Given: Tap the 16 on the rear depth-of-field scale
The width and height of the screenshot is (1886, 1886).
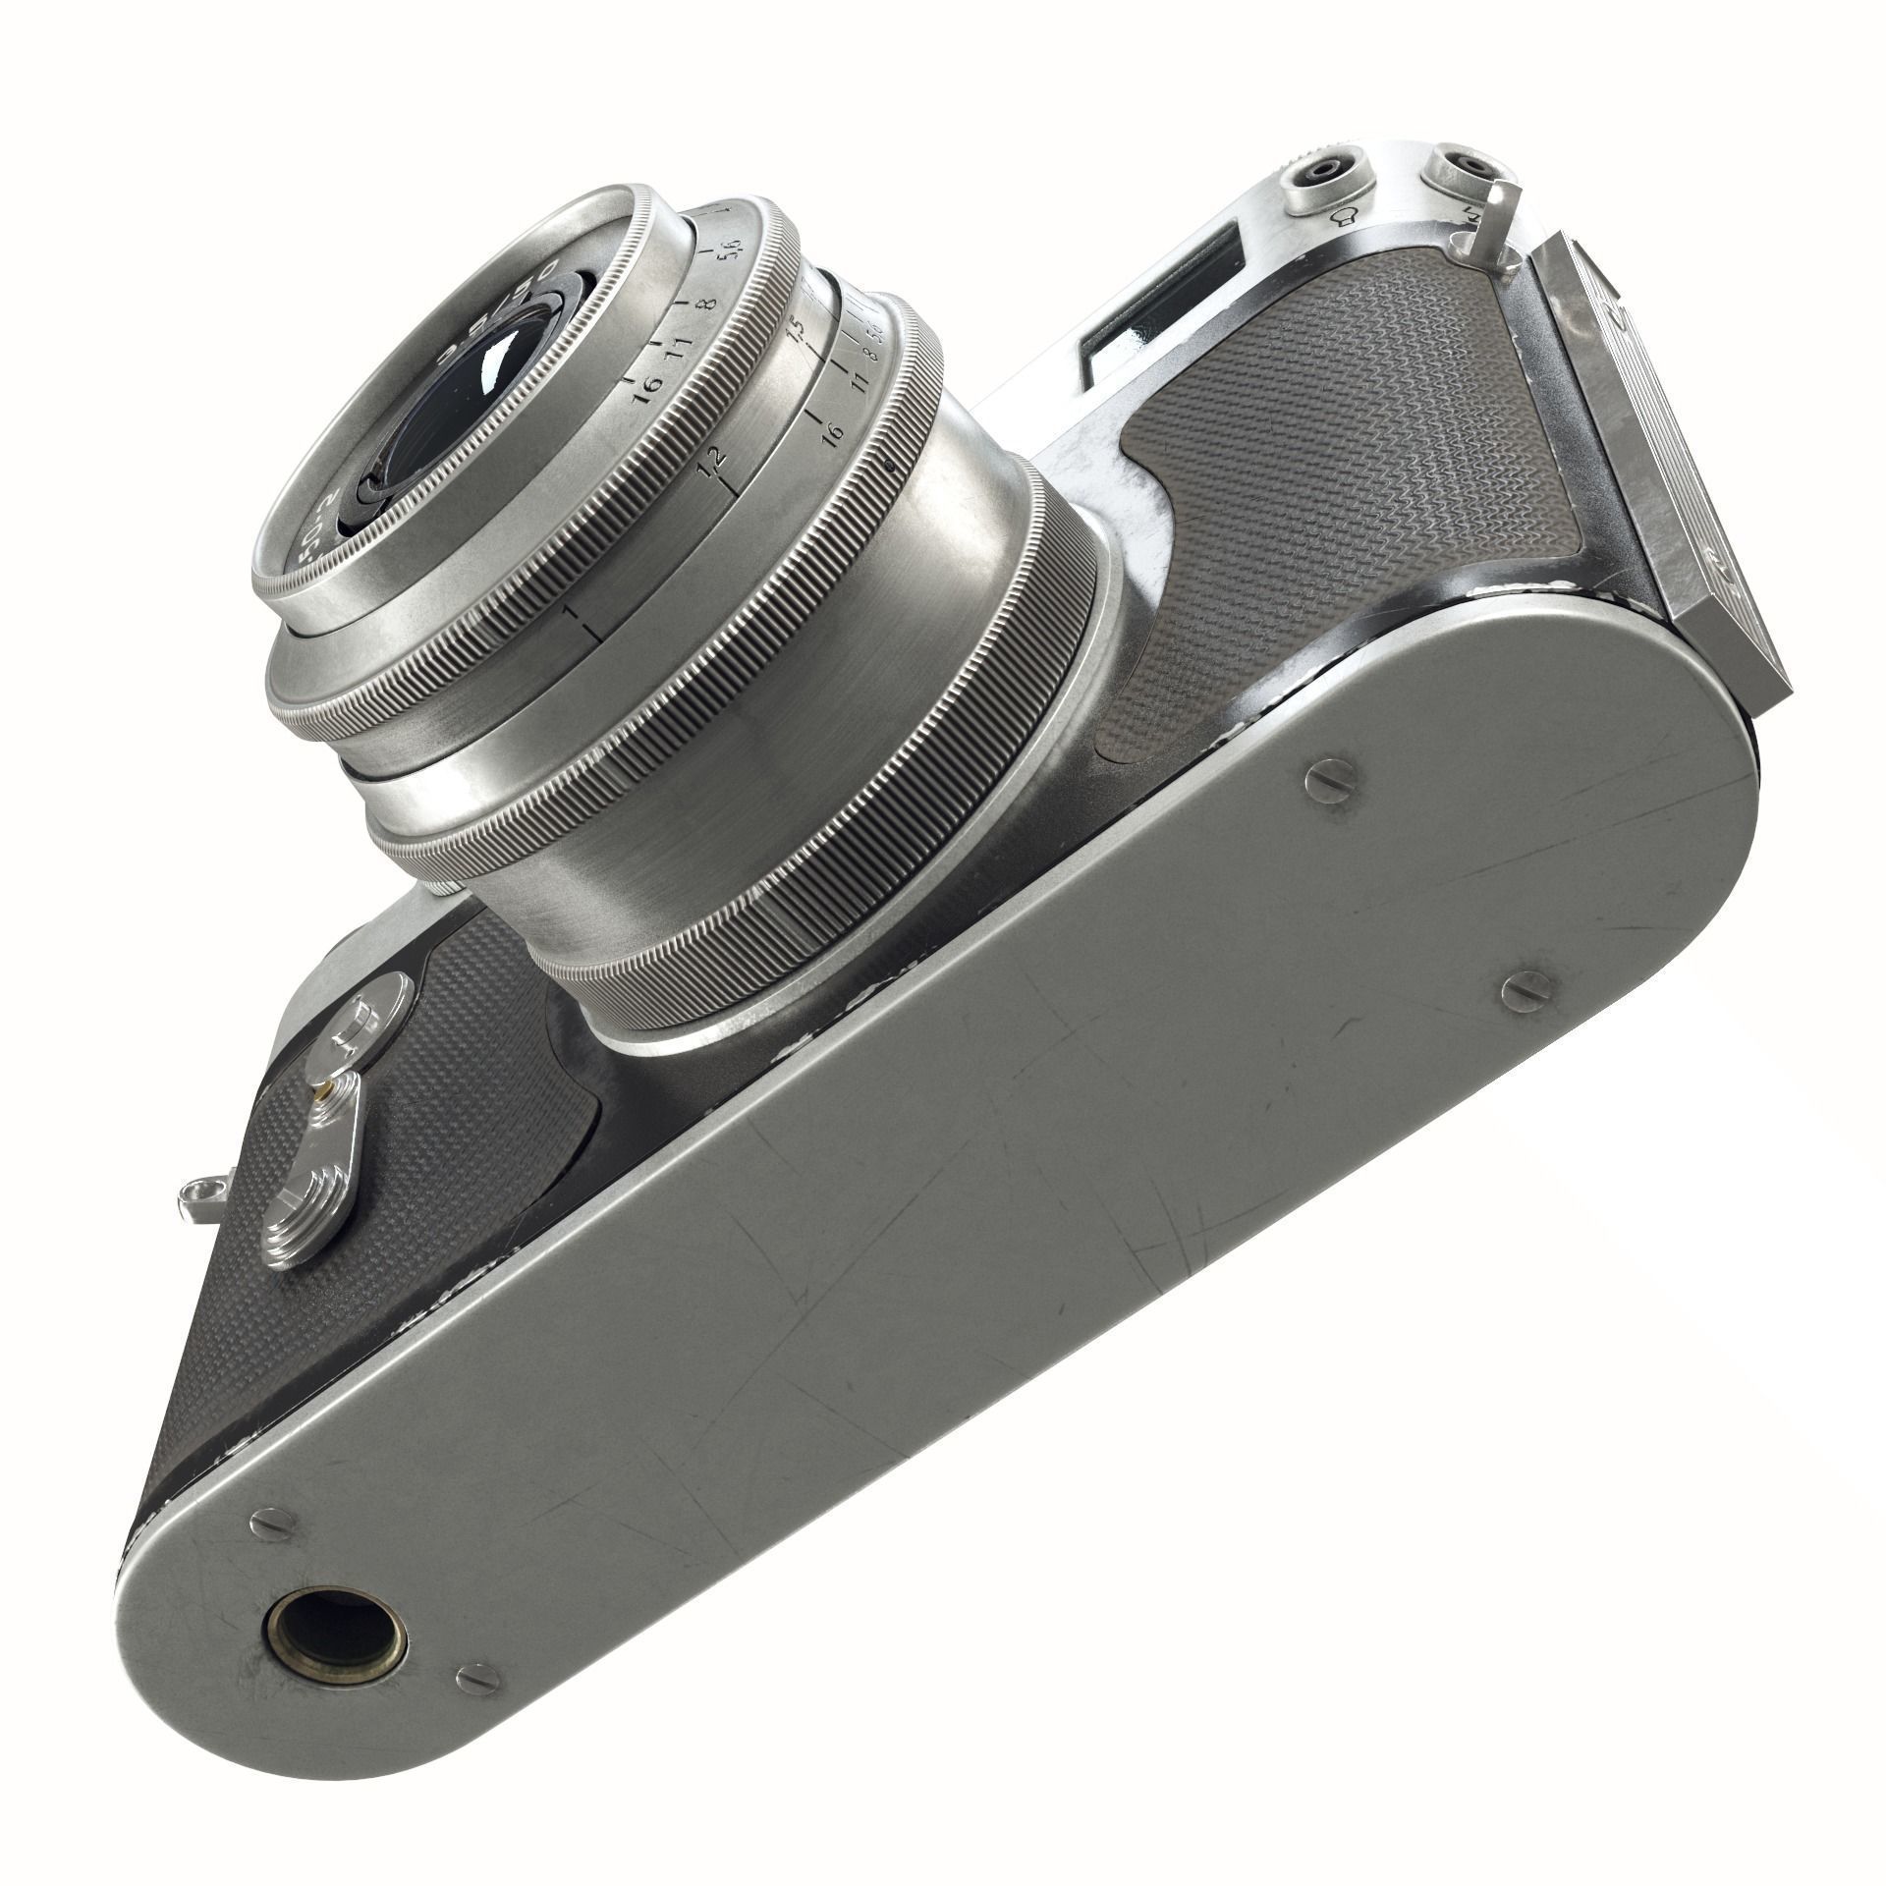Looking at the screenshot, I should point(831,433).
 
